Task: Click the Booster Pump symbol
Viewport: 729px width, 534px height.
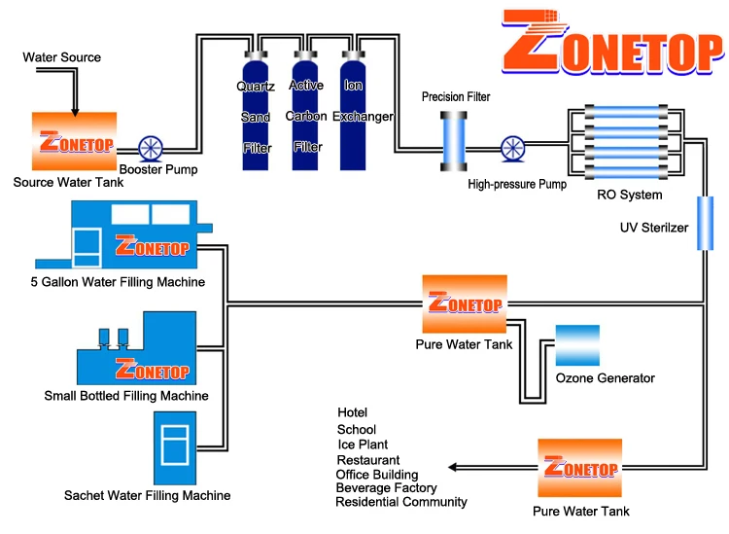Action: tap(152, 149)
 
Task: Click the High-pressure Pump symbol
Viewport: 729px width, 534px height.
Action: tap(511, 149)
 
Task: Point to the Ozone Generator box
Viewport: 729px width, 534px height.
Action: tap(577, 345)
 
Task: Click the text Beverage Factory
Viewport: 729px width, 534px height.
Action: tap(386, 487)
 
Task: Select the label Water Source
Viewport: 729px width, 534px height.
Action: tap(61, 57)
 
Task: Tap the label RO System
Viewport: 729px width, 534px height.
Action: tap(629, 195)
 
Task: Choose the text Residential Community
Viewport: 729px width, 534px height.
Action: tap(400, 502)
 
